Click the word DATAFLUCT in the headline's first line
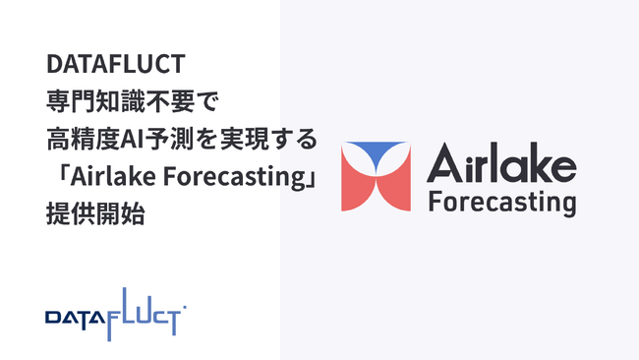point(116,66)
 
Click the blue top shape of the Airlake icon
point(376,154)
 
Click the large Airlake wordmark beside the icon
point(501,162)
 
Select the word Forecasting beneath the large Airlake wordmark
point(501,203)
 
